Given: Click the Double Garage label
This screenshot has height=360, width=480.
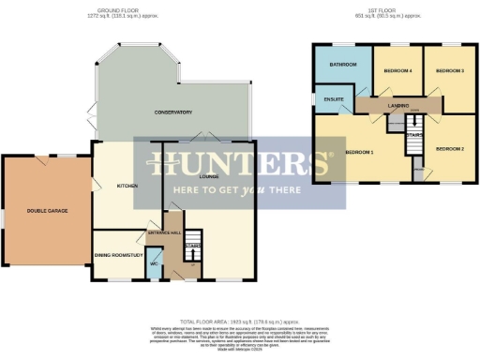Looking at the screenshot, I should click(x=46, y=211).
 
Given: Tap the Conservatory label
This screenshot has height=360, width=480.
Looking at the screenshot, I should click(x=173, y=112).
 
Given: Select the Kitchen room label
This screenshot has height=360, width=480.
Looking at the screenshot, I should click(x=127, y=186).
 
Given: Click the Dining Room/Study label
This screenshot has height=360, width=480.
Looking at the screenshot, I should click(x=119, y=254).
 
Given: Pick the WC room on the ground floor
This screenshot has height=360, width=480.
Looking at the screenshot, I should click(x=153, y=263).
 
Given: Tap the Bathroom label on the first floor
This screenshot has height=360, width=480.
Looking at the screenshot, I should click(x=342, y=65).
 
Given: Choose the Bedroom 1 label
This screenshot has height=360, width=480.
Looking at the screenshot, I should click(x=359, y=152).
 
